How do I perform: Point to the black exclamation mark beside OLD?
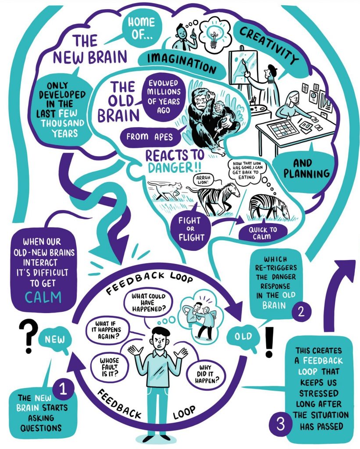click(269, 342)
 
